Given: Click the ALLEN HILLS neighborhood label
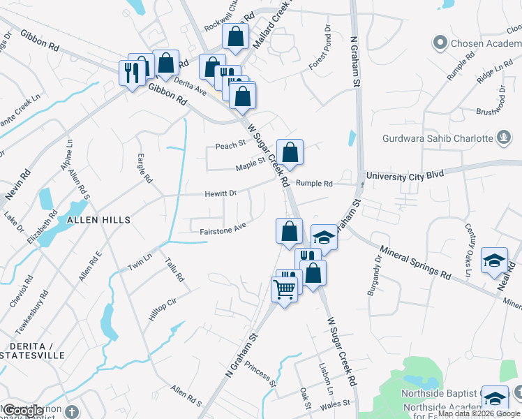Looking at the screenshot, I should pyautogui.click(x=98, y=220).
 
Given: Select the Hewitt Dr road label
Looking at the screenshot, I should pyautogui.click(x=221, y=193).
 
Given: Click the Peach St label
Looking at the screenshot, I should pyautogui.click(x=231, y=145).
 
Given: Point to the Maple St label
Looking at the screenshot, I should pyautogui.click(x=251, y=164).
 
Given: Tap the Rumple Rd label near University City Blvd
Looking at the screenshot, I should pyautogui.click(x=314, y=184).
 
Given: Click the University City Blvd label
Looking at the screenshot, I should pyautogui.click(x=405, y=176).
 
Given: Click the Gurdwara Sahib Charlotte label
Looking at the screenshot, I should pyautogui.click(x=438, y=138).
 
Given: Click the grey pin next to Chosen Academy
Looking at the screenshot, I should pyautogui.click(x=440, y=43).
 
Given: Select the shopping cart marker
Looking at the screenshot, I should pyautogui.click(x=284, y=288).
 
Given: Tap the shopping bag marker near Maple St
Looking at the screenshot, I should pyautogui.click(x=290, y=152).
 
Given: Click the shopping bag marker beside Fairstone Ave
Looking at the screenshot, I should pyautogui.click(x=289, y=231).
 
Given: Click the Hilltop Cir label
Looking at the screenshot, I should pyautogui.click(x=162, y=309).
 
